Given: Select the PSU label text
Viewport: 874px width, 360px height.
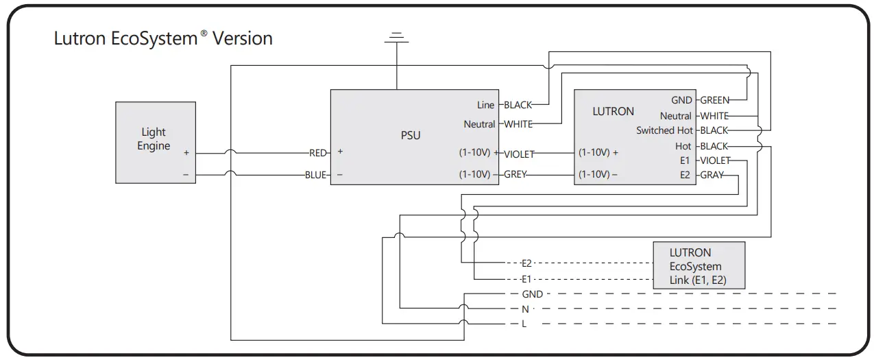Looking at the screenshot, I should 411,135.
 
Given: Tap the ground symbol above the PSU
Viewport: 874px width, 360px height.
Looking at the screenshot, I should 396,36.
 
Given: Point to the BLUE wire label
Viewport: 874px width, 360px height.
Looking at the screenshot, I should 316,175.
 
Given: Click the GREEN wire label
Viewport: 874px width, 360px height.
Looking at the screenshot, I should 715,100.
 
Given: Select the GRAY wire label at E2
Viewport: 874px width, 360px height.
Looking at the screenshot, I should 712,175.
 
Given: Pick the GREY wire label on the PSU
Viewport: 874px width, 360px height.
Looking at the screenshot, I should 515,174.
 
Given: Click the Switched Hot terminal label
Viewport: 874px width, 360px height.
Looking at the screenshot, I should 664,130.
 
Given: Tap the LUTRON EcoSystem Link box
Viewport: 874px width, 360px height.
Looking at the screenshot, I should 699,265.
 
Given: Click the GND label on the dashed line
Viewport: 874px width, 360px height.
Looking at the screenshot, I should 532,294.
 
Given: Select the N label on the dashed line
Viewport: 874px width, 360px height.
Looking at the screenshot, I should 525,309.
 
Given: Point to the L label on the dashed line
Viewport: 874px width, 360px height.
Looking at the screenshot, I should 524,324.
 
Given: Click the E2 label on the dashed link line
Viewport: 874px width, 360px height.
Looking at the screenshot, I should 526,263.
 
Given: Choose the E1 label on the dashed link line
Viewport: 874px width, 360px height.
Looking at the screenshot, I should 526,279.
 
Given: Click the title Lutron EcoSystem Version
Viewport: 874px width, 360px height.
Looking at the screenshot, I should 163,38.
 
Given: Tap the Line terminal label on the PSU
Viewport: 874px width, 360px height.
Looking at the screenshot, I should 485,105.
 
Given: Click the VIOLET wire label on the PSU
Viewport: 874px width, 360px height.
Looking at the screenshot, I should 519,154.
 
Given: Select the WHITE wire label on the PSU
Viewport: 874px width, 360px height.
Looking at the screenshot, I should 518,124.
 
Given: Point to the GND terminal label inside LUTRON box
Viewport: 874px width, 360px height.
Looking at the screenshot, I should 681,100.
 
